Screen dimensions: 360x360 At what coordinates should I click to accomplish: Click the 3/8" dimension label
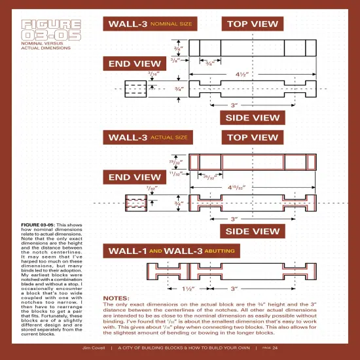tap(175, 60)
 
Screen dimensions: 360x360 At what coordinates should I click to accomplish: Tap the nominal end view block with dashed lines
tap(135, 88)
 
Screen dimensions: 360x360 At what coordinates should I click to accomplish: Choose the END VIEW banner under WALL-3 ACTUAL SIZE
tap(134, 177)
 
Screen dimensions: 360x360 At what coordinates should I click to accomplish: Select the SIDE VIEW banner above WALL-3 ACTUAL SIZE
tap(252, 118)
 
